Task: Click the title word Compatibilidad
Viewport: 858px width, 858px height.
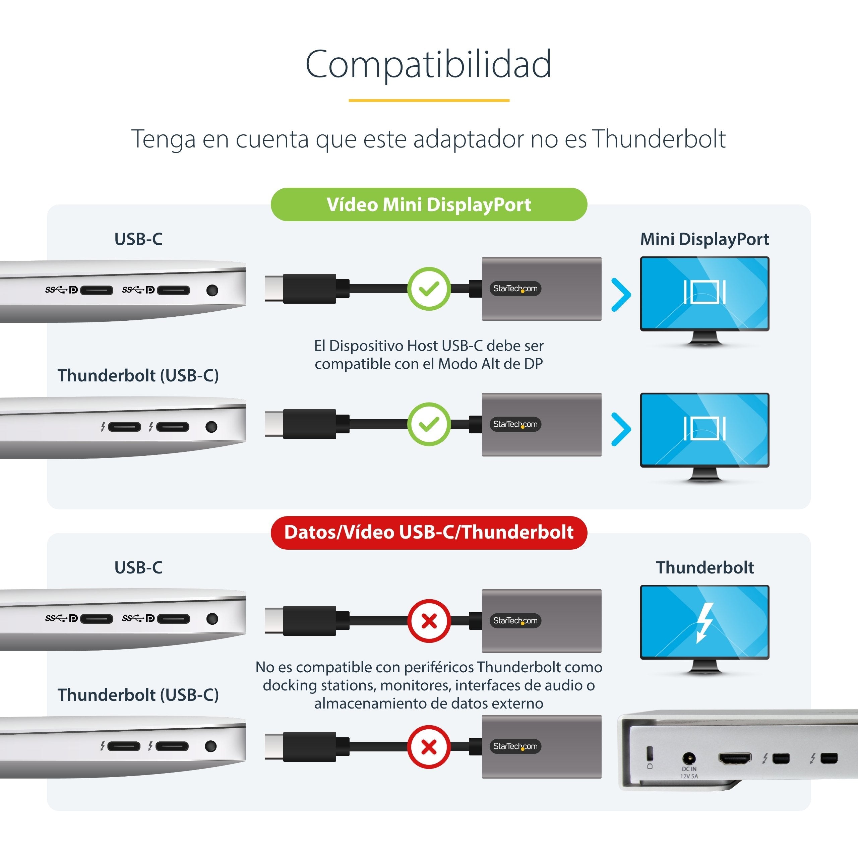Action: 429,64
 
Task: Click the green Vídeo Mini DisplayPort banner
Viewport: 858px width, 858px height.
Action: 429,204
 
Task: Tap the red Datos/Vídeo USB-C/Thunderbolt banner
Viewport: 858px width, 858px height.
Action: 429,533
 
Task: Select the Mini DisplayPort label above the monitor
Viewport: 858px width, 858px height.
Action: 704,239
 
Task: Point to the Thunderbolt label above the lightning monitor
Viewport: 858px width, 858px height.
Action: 705,567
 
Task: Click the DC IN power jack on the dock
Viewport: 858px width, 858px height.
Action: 689,758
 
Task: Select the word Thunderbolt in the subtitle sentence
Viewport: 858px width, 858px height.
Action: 659,139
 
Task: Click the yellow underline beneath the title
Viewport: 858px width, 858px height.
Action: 429,100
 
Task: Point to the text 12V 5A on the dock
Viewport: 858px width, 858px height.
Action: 689,776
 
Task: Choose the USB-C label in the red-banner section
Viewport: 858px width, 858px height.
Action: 138,567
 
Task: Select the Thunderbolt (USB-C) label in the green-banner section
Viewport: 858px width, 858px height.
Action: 138,376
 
